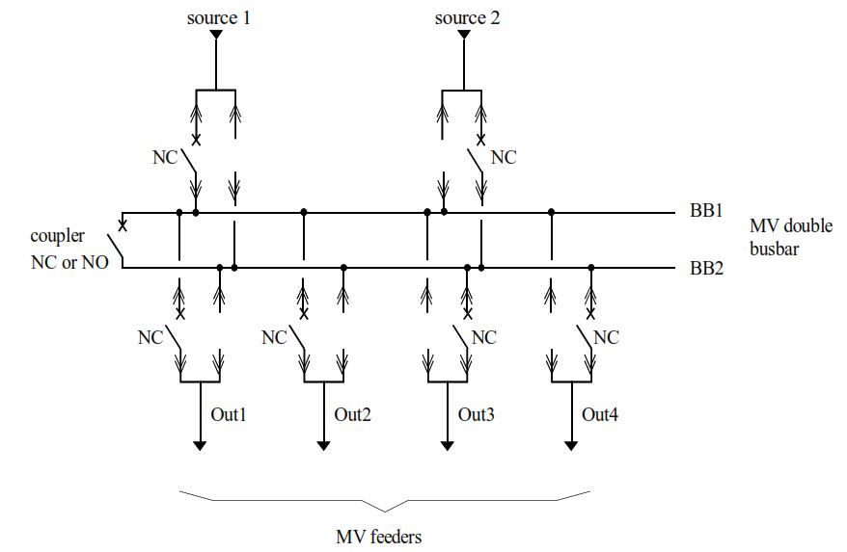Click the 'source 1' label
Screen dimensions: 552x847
point(218,17)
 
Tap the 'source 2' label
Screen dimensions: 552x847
point(467,17)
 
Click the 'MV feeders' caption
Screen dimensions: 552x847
point(378,537)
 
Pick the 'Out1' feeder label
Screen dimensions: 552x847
point(230,414)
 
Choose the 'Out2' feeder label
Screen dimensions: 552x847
point(353,414)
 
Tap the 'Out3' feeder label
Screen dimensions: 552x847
point(477,414)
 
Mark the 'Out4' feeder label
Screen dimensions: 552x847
point(600,414)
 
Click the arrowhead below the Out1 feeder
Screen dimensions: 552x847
point(200,445)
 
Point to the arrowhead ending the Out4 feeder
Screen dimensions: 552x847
point(571,445)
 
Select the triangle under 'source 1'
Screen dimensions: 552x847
point(216,36)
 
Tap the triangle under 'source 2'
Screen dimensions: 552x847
point(464,36)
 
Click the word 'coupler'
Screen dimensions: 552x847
point(58,236)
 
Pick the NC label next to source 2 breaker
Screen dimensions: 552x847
point(504,157)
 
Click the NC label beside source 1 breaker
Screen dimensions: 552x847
point(166,157)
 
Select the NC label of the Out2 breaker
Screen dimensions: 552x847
point(275,337)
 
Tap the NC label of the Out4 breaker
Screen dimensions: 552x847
point(606,337)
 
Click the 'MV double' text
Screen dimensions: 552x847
point(790,226)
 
